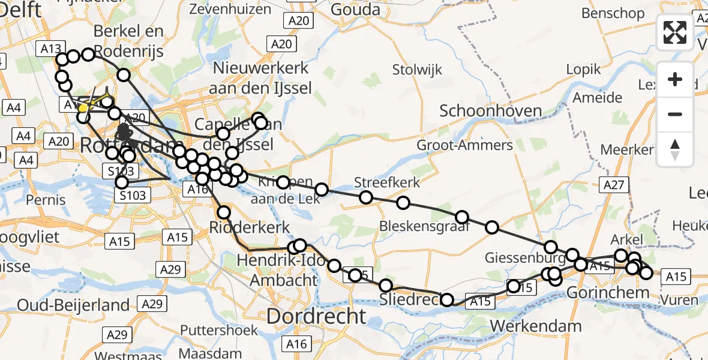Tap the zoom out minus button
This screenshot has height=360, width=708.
(675, 114)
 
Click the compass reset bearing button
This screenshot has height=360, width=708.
(675, 149)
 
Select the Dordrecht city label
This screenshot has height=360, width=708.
(316, 316)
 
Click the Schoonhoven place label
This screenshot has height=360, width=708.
(491, 110)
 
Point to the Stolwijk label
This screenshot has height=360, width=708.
(418, 70)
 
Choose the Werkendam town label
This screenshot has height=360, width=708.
(536, 326)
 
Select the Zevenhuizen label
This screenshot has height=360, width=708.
(230, 9)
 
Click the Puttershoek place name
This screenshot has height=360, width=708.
(219, 330)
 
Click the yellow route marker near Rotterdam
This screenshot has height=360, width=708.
(83, 108)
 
